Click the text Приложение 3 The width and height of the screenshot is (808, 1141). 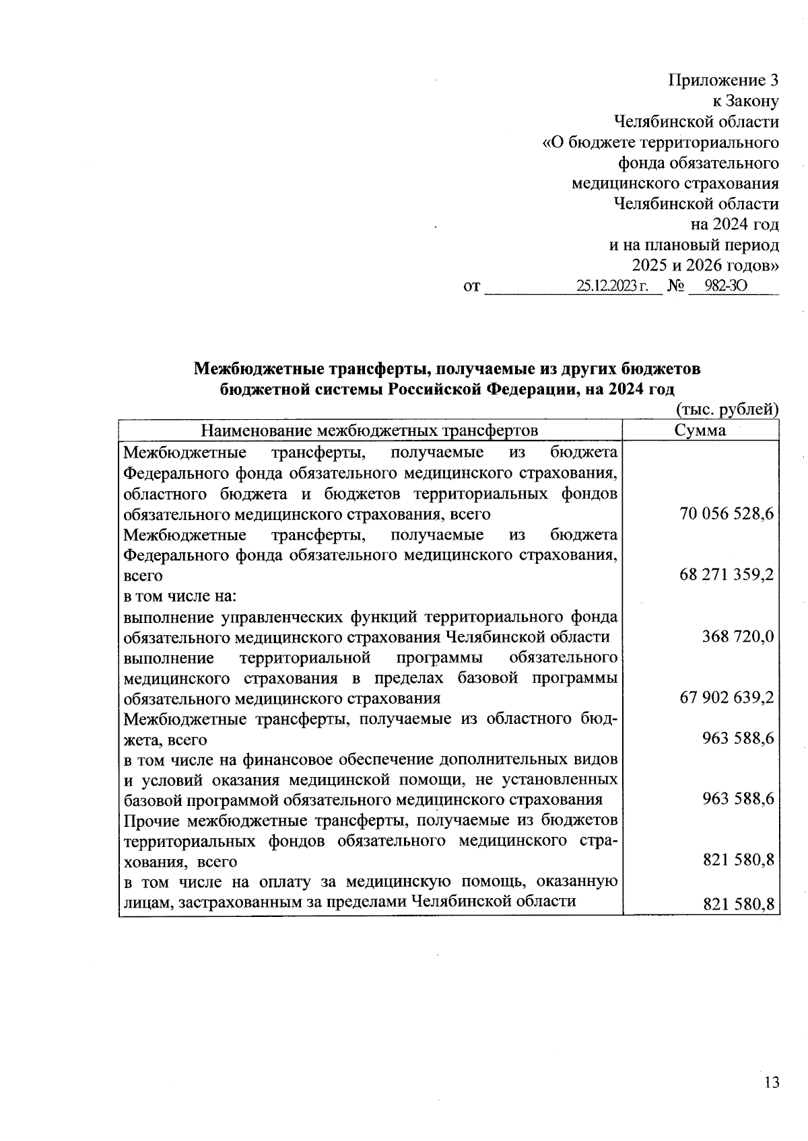pos(723,81)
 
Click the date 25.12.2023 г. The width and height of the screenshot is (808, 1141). pos(611,286)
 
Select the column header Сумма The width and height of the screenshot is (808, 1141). pos(700,431)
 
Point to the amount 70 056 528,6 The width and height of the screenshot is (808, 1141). pos(727,514)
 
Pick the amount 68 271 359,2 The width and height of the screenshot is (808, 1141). pos(727,576)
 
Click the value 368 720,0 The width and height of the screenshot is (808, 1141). pos(738,636)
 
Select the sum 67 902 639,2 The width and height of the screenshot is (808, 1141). pos(727,698)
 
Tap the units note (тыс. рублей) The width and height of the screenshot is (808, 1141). pos(727,410)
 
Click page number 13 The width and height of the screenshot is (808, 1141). pos(772,1082)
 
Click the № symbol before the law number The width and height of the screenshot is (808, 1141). pos(675,287)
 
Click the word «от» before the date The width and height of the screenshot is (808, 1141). pos(472,287)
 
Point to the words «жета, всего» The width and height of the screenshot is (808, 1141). pos(166,739)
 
